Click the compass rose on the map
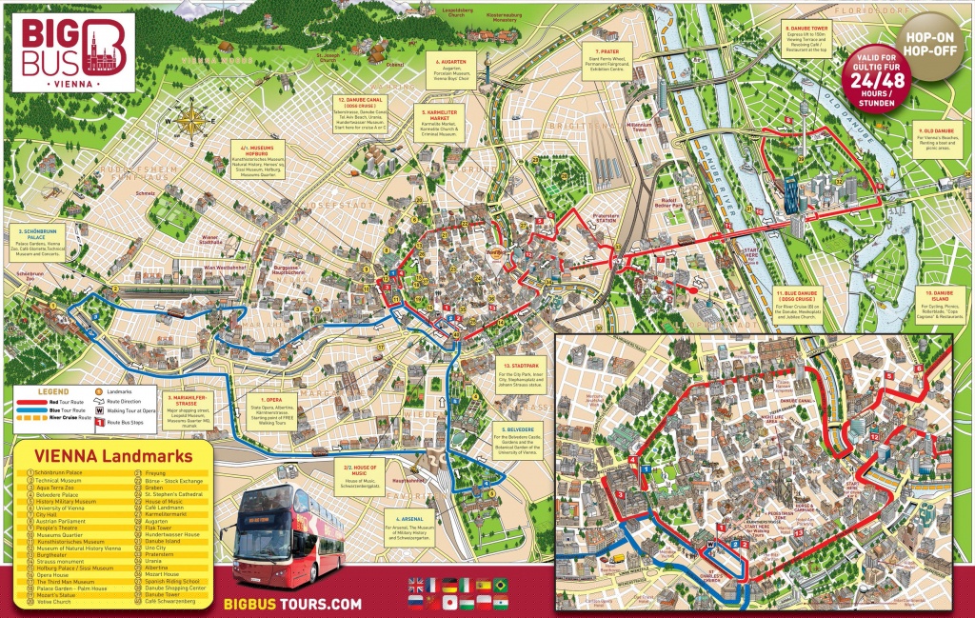(x=189, y=121)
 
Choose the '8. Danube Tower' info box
(x=818, y=38)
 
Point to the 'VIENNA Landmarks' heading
(x=111, y=456)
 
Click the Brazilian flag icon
(x=502, y=585)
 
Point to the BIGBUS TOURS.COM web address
(x=291, y=604)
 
